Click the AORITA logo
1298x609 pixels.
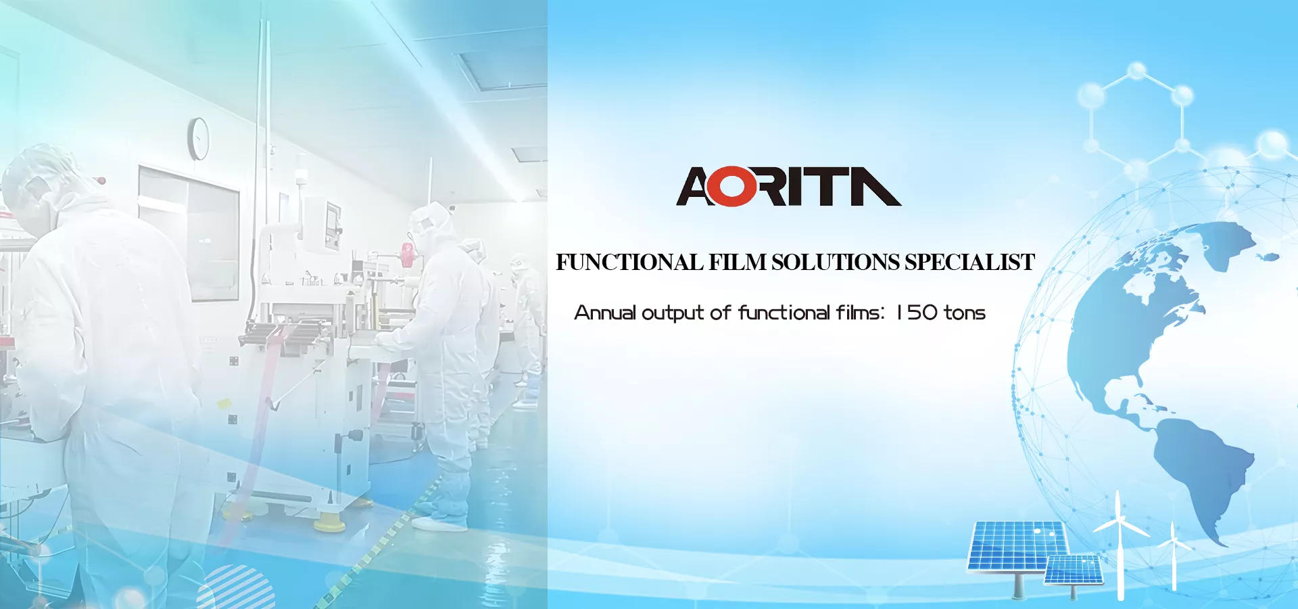click(788, 187)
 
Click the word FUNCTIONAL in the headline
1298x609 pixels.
click(629, 263)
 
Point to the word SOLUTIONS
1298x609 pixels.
click(836, 263)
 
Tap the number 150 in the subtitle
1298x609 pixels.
click(917, 313)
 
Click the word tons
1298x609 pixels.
click(965, 313)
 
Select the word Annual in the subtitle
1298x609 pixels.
click(605, 313)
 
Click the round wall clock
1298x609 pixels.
click(199, 139)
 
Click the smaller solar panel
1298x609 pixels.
click(1074, 570)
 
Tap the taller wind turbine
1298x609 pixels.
click(1120, 545)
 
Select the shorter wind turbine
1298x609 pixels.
click(1174, 558)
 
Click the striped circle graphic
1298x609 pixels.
click(236, 587)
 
